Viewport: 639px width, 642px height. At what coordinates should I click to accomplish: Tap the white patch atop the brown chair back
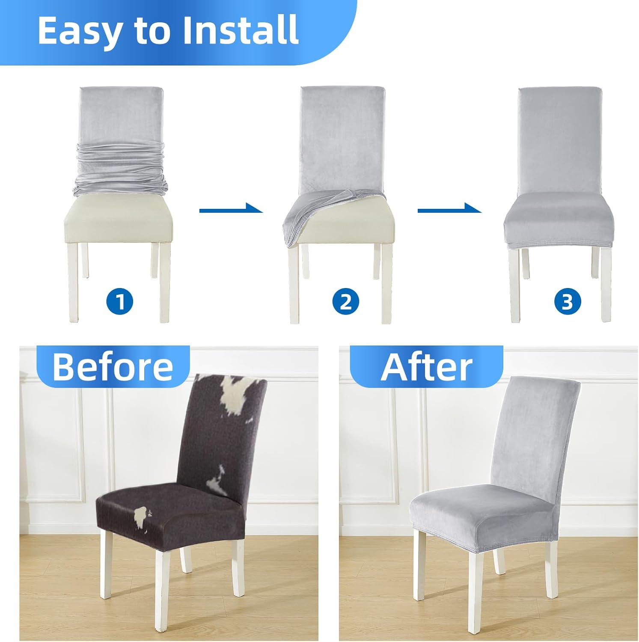pos(233,396)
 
